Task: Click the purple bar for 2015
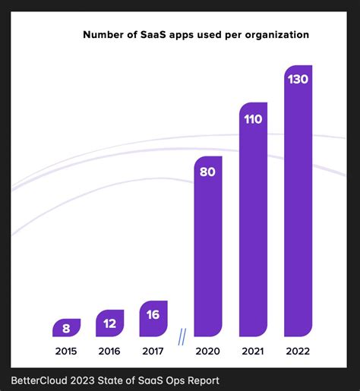(x=66, y=328)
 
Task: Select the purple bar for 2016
(x=109, y=323)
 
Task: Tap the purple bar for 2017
(x=153, y=318)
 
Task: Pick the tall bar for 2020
(x=208, y=247)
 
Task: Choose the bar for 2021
(x=253, y=220)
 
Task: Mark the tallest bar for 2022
(x=298, y=201)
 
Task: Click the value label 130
(x=298, y=78)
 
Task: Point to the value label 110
(x=253, y=118)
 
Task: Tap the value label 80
(x=208, y=172)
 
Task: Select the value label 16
(x=153, y=314)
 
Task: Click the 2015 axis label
(x=66, y=352)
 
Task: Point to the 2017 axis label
(x=153, y=352)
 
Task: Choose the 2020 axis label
(x=208, y=352)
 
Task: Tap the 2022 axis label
(x=298, y=352)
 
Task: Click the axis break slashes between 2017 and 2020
(x=182, y=336)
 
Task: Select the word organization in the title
(x=276, y=35)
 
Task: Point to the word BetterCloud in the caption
(x=39, y=380)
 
